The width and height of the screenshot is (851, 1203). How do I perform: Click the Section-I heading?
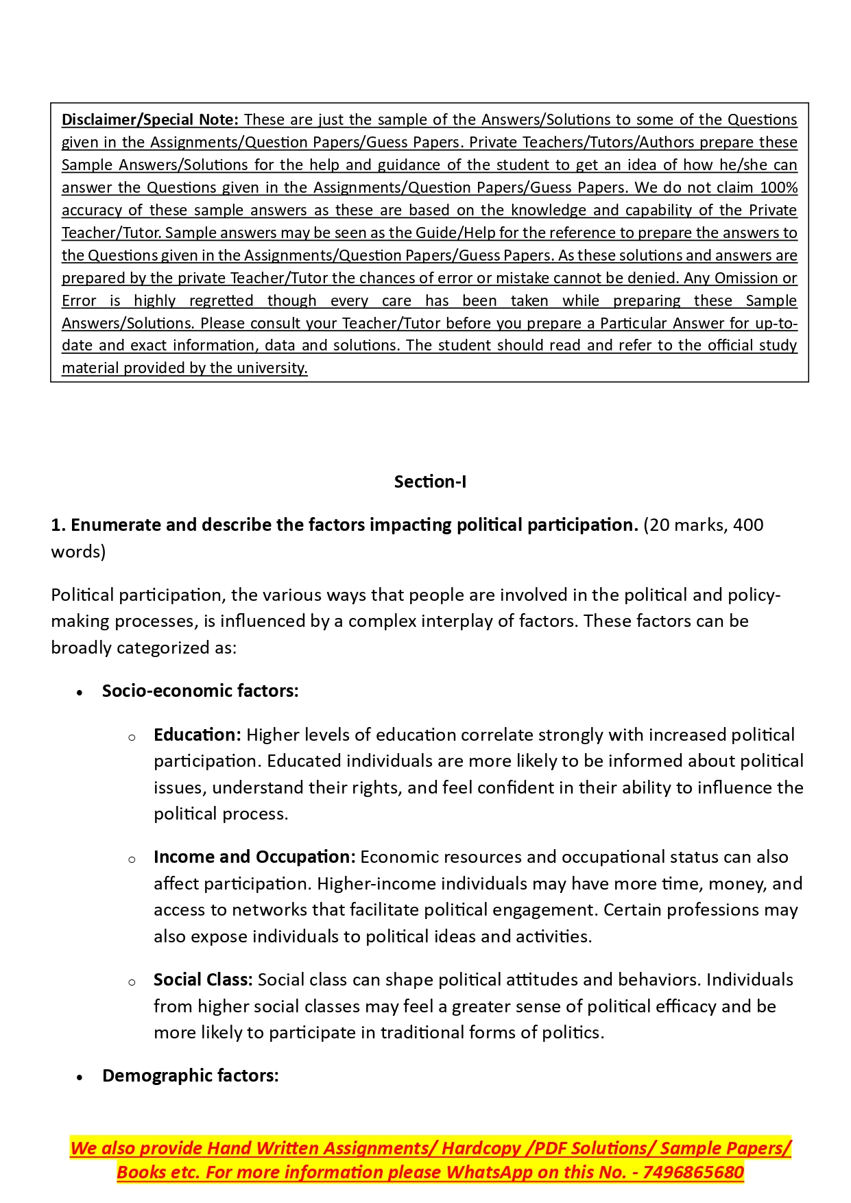coord(430,481)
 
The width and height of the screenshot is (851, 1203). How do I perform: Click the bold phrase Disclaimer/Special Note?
coord(150,119)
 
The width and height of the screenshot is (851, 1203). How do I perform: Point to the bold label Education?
coord(197,735)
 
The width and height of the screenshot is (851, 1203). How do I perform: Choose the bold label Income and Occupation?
coord(254,857)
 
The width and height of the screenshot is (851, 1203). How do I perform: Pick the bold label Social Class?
coord(204,979)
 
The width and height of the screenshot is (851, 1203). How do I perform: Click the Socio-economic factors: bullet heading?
coord(200,691)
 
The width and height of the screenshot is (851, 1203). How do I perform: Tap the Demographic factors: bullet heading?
coord(191,1075)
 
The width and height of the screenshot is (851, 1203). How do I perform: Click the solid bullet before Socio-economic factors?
coord(80,692)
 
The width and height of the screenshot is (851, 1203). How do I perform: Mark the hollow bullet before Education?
coord(132,737)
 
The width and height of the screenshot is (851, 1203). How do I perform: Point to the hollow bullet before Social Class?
coord(132,982)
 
